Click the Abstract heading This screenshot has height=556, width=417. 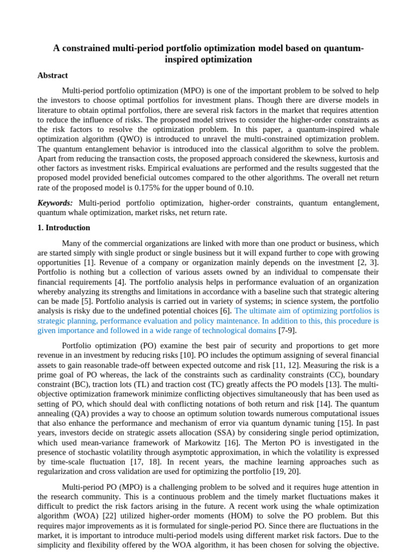[53, 75]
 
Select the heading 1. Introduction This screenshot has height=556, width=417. [64, 228]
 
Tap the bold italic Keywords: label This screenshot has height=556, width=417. [55, 203]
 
